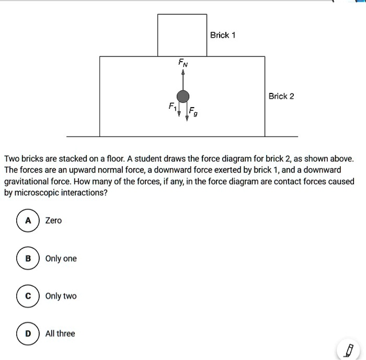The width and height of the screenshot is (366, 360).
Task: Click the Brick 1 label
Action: tap(223, 35)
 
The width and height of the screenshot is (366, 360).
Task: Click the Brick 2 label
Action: tap(281, 96)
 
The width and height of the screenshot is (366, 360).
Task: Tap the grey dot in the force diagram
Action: tap(182, 96)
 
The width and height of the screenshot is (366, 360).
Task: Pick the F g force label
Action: tap(193, 111)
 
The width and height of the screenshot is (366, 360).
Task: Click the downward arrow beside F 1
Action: tap(179, 109)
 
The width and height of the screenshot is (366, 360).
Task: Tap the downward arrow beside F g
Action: tap(187, 111)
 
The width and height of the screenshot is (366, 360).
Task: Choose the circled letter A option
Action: tap(26, 220)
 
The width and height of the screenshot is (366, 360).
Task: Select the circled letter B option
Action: tap(26, 259)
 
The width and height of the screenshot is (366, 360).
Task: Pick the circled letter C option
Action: tap(26, 296)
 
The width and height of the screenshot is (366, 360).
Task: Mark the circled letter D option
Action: tap(26, 333)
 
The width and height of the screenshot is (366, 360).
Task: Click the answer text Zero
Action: tap(53, 220)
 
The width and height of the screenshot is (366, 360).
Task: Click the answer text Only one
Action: tap(61, 259)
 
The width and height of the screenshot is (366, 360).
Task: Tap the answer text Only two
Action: tap(61, 296)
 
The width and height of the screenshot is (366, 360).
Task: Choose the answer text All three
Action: tap(60, 333)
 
